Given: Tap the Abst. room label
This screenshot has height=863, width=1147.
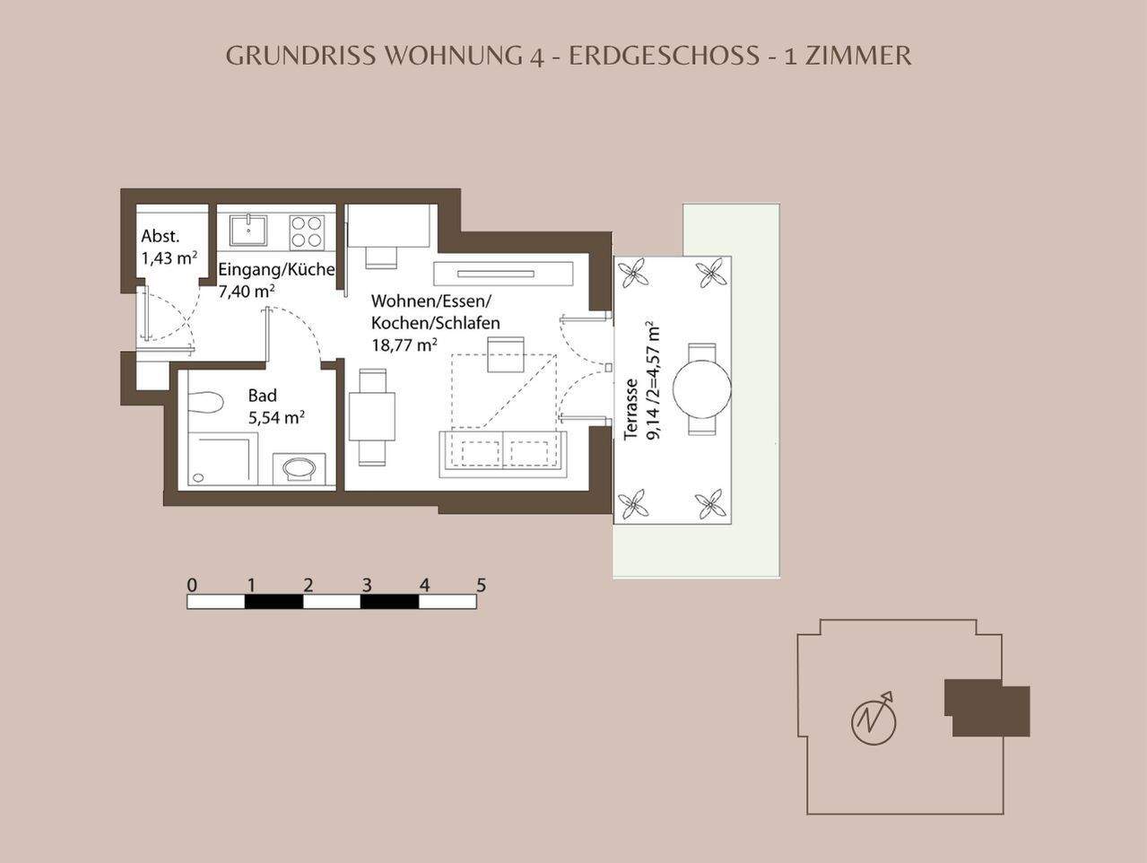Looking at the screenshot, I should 161,237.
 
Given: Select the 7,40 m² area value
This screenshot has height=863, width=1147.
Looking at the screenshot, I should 247,291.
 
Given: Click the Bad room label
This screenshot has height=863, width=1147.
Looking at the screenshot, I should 263,396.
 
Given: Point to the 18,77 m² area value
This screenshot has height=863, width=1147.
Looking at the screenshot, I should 404,344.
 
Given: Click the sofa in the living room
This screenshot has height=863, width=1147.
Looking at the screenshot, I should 502,450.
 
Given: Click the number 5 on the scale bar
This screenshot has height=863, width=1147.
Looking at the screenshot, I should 482,586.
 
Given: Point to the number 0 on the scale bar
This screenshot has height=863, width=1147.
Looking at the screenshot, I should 192,586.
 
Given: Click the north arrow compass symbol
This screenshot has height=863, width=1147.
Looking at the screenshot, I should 873,719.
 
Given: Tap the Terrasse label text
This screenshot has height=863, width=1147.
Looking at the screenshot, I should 631,409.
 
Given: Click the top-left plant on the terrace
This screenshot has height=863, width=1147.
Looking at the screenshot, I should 636,271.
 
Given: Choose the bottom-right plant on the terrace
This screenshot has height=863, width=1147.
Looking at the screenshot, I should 712,504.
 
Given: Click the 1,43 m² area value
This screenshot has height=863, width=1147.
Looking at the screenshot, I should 169,258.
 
